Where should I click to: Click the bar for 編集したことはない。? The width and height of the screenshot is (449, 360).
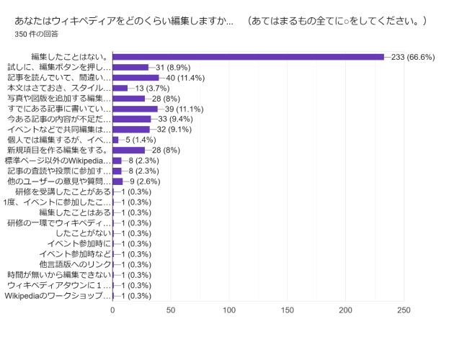pyautogui.click(x=249, y=57)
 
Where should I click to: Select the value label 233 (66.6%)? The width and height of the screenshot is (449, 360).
pyautogui.click(x=413, y=57)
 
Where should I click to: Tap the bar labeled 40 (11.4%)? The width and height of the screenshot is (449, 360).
pyautogui.click(x=135, y=78)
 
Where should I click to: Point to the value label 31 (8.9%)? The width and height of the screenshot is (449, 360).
pyautogui.click(x=173, y=67)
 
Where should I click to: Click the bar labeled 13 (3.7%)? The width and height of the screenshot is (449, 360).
pyautogui.click(x=120, y=88)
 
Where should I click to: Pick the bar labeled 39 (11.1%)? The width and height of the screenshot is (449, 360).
pyautogui.click(x=135, y=109)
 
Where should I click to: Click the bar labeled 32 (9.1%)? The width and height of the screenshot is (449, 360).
pyautogui.click(x=131, y=130)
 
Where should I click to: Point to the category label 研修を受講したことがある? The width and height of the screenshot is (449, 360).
pyautogui.click(x=63, y=192)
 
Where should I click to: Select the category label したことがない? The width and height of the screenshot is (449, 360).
pyautogui.click(x=84, y=233)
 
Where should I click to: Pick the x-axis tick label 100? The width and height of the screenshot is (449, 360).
pyautogui.click(x=229, y=310)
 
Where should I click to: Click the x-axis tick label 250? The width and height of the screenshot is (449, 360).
pyautogui.click(x=404, y=310)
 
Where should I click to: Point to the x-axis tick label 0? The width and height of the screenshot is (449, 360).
pyautogui.click(x=112, y=310)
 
